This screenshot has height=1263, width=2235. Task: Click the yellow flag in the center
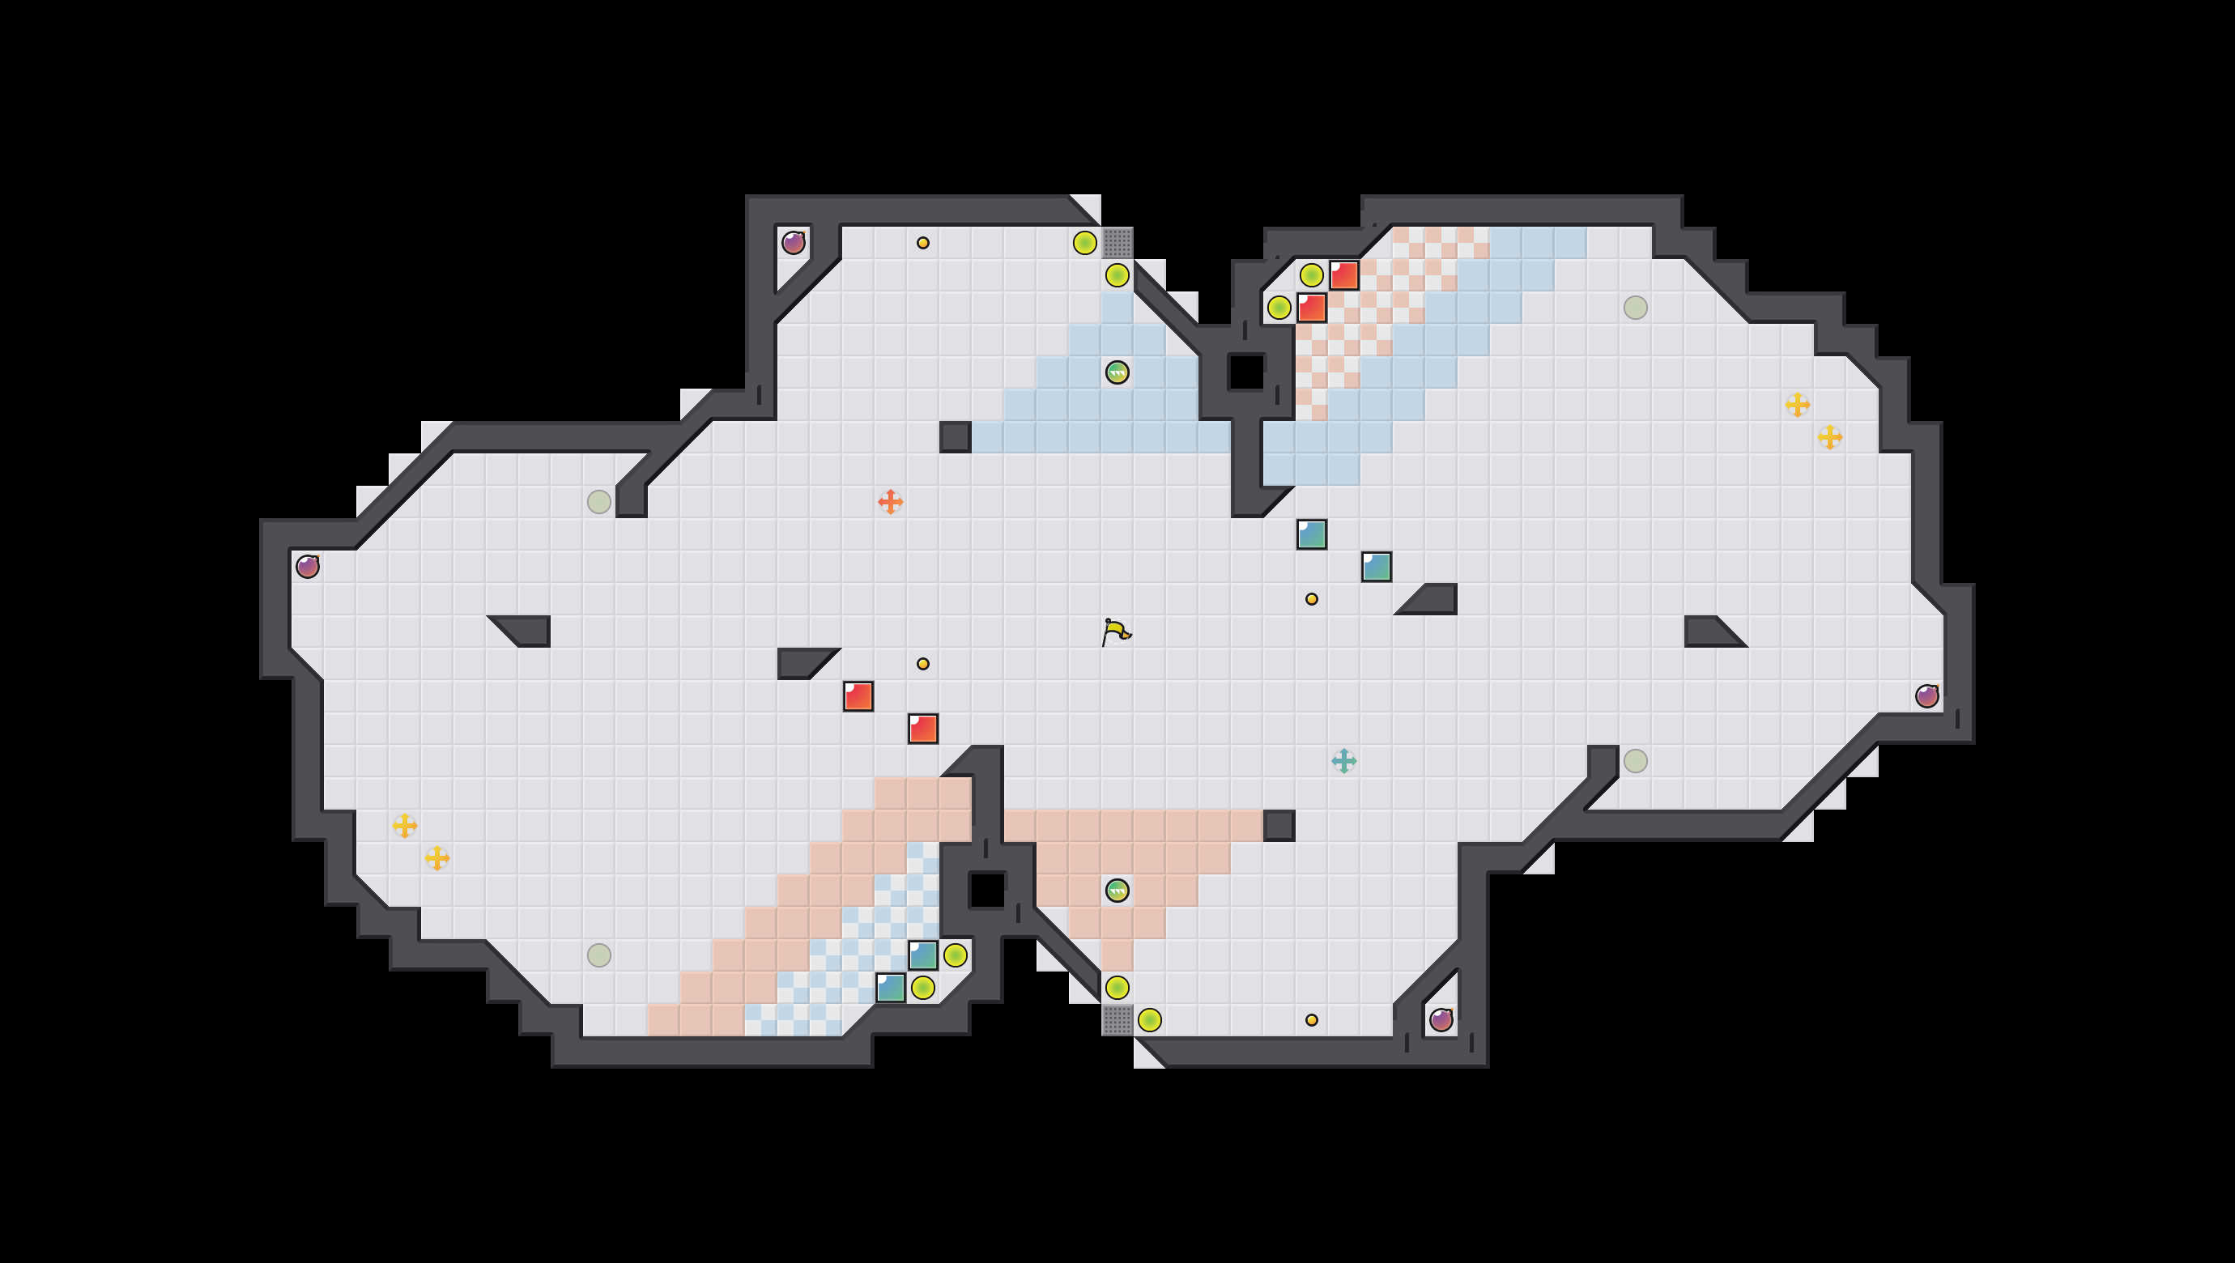click(1116, 631)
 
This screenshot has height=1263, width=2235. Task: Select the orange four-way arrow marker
click(890, 501)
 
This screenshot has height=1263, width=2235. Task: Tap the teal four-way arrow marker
click(1344, 761)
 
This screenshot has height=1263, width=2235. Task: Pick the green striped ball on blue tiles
click(1117, 372)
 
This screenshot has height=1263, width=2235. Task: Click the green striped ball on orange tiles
click(1117, 890)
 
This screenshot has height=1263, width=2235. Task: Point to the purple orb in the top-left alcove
click(793, 243)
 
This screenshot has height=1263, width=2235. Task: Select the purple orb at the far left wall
click(308, 567)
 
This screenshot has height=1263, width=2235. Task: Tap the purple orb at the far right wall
click(1927, 695)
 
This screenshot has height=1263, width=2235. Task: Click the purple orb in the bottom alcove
click(1441, 1019)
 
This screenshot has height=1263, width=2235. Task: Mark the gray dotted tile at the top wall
click(1117, 243)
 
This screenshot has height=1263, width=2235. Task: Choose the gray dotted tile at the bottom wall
click(1117, 1019)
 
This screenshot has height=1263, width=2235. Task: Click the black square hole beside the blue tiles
click(1247, 372)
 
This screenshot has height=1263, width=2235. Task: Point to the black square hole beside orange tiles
click(986, 890)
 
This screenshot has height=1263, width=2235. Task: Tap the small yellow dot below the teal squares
click(1312, 599)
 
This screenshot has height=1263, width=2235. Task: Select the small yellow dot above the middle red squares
click(923, 664)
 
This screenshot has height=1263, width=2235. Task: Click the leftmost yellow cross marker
click(405, 825)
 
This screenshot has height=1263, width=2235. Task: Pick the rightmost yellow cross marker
click(1830, 437)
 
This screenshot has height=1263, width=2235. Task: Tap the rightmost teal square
click(1376, 567)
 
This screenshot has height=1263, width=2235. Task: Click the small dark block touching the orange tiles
click(1279, 825)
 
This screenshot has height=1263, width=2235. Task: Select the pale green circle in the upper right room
click(1636, 308)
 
